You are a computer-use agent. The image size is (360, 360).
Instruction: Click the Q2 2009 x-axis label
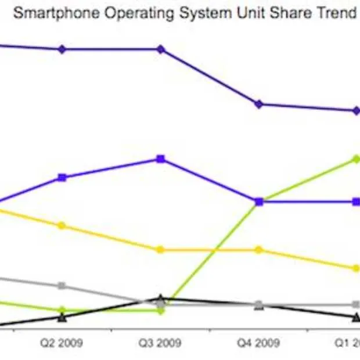click(x=61, y=343)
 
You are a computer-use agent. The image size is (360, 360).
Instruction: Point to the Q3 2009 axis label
click(x=160, y=343)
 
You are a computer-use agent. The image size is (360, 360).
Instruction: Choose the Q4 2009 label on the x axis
click(x=259, y=343)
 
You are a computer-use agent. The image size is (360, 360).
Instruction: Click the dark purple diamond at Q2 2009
click(x=62, y=49)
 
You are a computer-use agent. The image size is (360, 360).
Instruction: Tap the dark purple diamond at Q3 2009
click(x=161, y=49)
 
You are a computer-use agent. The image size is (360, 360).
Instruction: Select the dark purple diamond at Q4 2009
click(x=259, y=104)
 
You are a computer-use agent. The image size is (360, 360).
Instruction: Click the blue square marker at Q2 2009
click(x=62, y=177)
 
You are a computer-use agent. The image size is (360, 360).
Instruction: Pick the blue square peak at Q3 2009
click(x=161, y=159)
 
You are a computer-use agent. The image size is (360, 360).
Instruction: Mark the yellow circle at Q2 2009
click(x=62, y=225)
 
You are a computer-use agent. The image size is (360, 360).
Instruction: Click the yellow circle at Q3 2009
click(x=161, y=250)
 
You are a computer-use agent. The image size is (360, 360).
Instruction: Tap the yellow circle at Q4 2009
click(x=259, y=250)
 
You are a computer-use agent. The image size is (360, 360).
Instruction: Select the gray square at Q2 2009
click(x=62, y=286)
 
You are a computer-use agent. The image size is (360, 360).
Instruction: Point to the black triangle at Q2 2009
click(x=62, y=317)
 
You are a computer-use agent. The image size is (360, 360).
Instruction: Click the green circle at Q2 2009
click(x=62, y=310)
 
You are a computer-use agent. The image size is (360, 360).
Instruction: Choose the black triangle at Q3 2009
click(x=161, y=299)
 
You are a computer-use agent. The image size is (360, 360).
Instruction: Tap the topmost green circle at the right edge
click(x=356, y=159)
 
